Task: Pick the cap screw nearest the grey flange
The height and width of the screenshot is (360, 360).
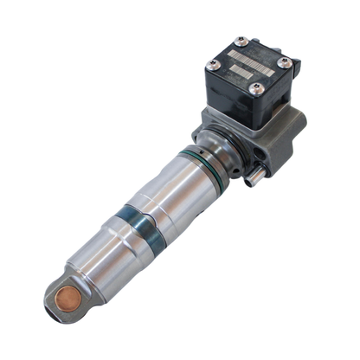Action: click(x=254, y=87)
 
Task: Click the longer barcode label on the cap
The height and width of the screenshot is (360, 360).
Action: click(x=252, y=58)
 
